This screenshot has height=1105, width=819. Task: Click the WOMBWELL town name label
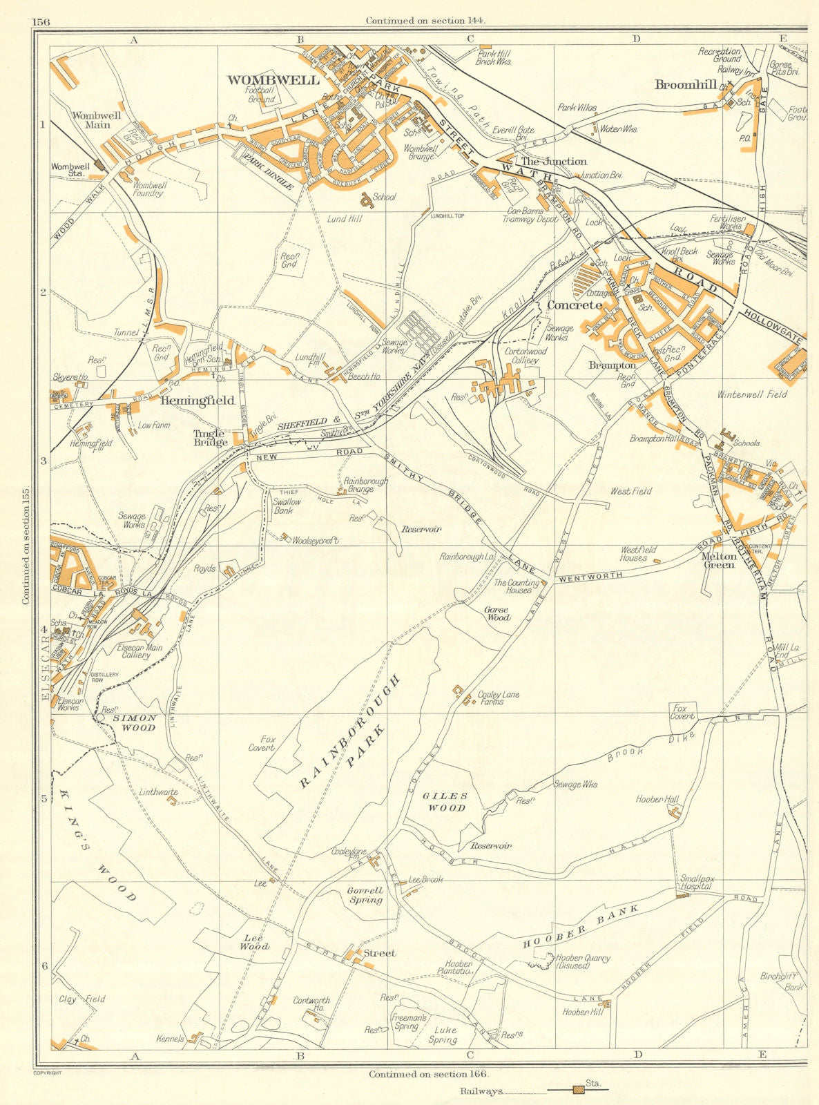pyautogui.click(x=273, y=80)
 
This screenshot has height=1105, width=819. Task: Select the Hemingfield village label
pyautogui.click(x=197, y=401)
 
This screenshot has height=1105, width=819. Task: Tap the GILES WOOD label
pyautogui.click(x=445, y=801)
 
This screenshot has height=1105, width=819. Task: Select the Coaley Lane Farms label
pyautogui.click(x=499, y=698)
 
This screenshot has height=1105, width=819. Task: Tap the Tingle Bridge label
pyautogui.click(x=210, y=438)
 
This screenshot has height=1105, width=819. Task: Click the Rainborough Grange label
pyautogui.click(x=366, y=485)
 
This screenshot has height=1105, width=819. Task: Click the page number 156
pyautogui.click(x=41, y=21)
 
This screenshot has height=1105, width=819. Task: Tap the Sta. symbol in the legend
pyautogui.click(x=576, y=1090)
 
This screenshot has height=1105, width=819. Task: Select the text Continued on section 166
pyautogui.click(x=428, y=1074)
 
